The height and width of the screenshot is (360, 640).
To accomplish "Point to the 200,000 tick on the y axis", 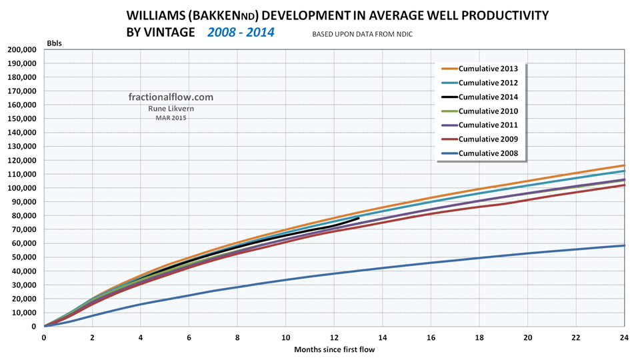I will tap(21, 50).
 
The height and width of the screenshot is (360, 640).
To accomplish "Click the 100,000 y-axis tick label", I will tap(21, 188).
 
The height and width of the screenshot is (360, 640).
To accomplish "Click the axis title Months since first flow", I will tap(333, 349).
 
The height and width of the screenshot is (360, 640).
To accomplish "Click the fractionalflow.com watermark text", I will tap(171, 97).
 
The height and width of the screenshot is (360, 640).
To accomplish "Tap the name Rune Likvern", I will tap(171, 109).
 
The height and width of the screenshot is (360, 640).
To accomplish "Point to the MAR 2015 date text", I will tap(171, 118).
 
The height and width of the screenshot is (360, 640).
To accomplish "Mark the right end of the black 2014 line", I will tap(359, 218).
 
